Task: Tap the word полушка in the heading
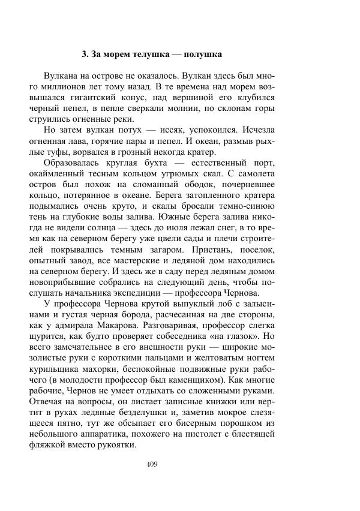click(202, 55)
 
